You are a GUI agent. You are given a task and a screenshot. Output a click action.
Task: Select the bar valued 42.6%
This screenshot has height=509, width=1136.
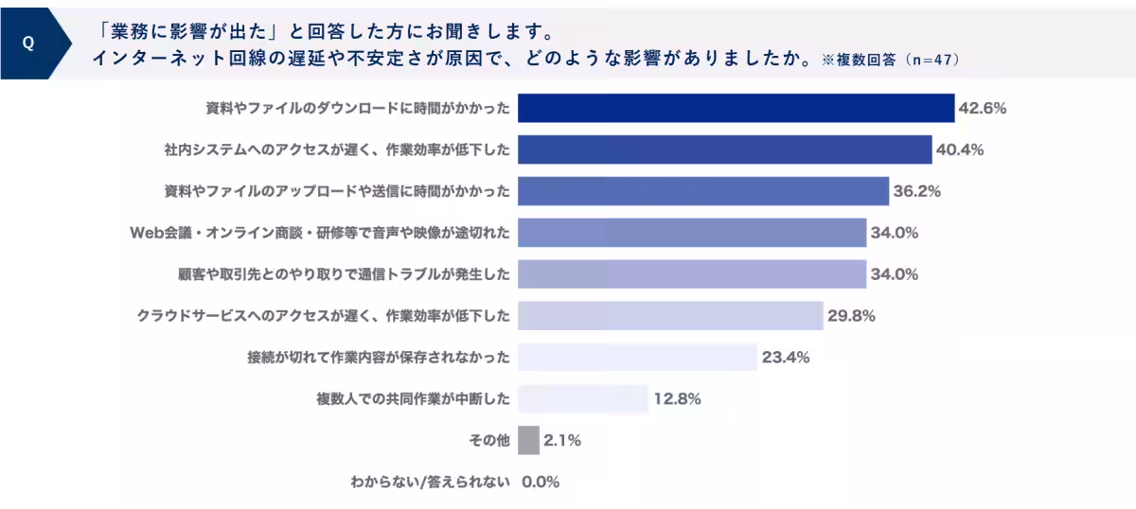[x=736, y=108]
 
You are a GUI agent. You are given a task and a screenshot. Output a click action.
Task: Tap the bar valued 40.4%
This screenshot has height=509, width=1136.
[x=725, y=149]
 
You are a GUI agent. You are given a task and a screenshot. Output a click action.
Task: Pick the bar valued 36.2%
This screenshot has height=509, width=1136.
[x=703, y=191]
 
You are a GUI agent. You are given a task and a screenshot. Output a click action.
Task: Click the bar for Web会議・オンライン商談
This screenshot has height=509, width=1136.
[x=692, y=233]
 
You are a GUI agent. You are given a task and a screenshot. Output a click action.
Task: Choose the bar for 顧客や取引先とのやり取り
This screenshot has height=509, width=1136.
[x=692, y=274]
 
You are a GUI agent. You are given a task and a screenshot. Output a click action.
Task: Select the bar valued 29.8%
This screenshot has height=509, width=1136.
[x=670, y=316]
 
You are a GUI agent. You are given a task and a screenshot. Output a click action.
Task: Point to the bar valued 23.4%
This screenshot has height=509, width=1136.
[x=637, y=358]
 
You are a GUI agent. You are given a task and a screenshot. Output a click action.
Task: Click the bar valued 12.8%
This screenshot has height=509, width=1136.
[x=583, y=399]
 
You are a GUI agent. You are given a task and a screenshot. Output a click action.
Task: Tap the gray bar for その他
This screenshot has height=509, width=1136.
[x=528, y=440]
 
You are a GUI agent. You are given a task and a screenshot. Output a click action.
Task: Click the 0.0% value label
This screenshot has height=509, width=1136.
[x=541, y=482]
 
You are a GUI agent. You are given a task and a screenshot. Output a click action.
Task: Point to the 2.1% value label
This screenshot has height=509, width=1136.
[x=562, y=440]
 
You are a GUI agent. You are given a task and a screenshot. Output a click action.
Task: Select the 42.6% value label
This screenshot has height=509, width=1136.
[x=982, y=108]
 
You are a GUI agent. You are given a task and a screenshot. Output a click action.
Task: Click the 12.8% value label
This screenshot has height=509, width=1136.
[x=677, y=399]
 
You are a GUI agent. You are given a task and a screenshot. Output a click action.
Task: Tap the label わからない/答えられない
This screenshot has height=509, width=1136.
[x=430, y=482]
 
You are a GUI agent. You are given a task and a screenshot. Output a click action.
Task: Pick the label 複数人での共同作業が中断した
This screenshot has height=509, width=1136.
[x=413, y=399]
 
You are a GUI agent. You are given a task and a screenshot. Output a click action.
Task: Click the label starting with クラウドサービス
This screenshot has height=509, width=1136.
[x=324, y=316]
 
